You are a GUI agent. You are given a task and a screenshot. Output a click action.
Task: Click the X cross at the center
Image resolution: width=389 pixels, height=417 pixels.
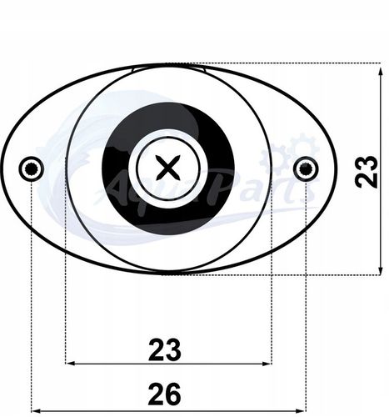pyautogui.click(x=169, y=168)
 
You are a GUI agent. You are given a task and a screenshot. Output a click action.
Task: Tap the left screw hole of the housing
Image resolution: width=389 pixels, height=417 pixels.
pyautogui.click(x=32, y=168)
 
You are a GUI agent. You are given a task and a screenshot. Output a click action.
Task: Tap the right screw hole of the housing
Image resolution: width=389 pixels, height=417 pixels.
pyautogui.click(x=306, y=168)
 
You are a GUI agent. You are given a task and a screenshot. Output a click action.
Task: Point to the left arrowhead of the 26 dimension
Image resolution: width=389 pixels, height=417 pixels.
pyautogui.click(x=36, y=409)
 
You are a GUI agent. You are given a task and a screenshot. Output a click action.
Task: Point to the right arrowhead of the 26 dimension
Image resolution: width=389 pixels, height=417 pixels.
pyautogui.click(x=302, y=409)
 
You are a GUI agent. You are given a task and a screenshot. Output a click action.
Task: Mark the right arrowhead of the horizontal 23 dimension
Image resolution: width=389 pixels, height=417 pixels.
pyautogui.click(x=267, y=364)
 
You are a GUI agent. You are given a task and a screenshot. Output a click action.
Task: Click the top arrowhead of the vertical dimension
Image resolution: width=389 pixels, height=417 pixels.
pyautogui.click(x=358, y=68)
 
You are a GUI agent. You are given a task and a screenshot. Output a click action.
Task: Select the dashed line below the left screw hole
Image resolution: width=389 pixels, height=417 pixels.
pyautogui.click(x=32, y=292)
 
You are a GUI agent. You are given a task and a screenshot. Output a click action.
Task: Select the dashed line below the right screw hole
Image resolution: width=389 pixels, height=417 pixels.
pyautogui.click(x=306, y=292)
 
